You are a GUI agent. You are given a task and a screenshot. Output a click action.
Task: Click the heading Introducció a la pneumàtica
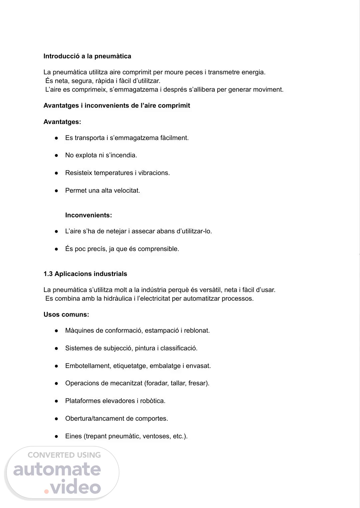[x=87, y=56]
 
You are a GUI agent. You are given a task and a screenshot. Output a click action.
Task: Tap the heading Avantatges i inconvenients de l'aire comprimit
[x=117, y=106]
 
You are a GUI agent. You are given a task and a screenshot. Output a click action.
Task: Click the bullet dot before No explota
[x=57, y=155]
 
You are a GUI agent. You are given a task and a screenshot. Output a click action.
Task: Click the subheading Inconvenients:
[x=88, y=215]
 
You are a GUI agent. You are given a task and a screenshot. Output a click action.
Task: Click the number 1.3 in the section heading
[x=48, y=274]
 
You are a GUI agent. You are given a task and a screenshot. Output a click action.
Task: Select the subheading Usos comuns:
[x=66, y=315]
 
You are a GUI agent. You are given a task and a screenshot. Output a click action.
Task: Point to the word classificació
[x=179, y=348]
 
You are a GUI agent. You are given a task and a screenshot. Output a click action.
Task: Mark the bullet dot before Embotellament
[x=57, y=366]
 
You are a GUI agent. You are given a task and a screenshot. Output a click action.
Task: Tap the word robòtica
[x=153, y=401]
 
